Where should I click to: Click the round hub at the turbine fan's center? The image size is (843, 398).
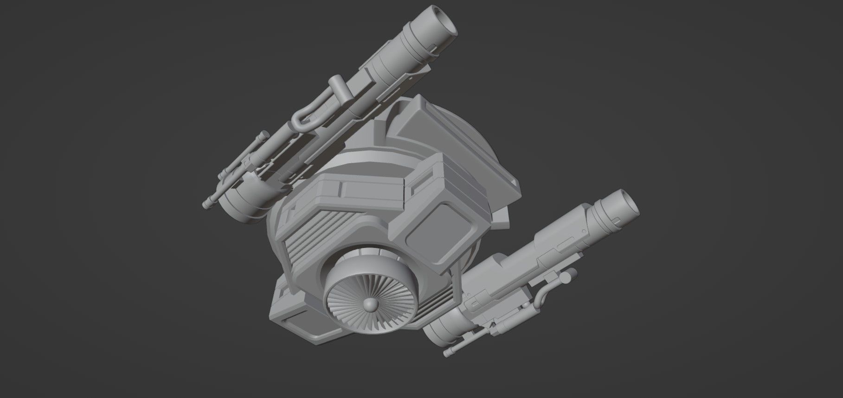370,305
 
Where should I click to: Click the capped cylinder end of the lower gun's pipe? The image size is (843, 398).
566,278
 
